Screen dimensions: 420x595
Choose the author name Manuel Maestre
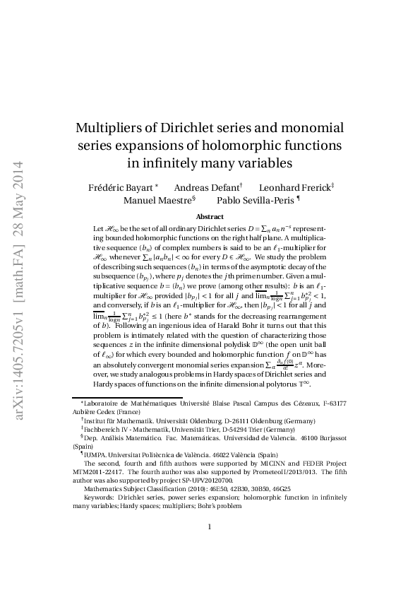click(156, 200)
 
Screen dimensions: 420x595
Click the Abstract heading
click(210, 217)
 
